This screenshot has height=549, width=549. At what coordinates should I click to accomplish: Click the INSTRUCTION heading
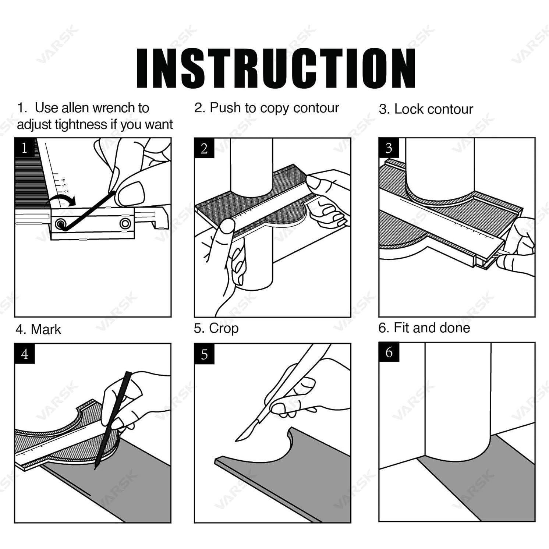tap(276, 68)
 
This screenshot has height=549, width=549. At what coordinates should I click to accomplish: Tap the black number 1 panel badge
tap(25, 148)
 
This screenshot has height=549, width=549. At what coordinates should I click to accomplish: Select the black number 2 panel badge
tap(204, 148)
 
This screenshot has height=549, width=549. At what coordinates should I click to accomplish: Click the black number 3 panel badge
tap(389, 148)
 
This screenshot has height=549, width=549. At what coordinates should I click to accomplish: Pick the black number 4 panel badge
tap(25, 354)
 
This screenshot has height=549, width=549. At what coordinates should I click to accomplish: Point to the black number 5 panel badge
tap(204, 354)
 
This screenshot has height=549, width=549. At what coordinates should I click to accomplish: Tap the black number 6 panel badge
tap(389, 353)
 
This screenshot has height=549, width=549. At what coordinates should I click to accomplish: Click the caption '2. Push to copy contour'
tap(266, 108)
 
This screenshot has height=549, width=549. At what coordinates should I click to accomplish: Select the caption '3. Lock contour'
tap(426, 109)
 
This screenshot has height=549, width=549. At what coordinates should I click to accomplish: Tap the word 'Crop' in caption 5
tap(224, 329)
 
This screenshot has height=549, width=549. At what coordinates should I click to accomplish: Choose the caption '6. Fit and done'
tap(424, 328)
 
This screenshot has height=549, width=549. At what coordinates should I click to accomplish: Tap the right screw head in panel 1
tap(125, 223)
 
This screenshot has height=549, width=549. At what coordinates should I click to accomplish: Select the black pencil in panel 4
tap(113, 420)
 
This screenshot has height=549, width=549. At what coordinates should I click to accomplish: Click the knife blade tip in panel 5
tap(236, 440)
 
